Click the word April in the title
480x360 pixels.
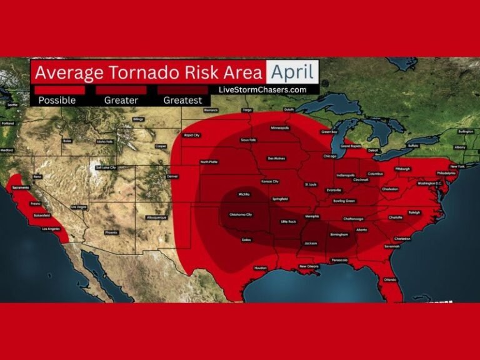(292, 72)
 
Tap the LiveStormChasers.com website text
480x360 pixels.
(262, 89)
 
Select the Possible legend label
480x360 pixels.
(57, 100)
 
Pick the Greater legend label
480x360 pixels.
(121, 100)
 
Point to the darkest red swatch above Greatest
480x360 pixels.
(182, 90)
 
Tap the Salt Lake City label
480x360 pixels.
(106, 167)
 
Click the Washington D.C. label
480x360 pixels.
(430, 183)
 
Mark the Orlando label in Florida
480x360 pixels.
(391, 279)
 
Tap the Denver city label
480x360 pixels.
(172, 177)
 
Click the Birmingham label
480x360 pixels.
(339, 235)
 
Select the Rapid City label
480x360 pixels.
(192, 135)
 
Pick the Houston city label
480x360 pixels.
(261, 268)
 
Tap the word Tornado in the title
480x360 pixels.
(149, 72)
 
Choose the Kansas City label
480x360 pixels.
(270, 181)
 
